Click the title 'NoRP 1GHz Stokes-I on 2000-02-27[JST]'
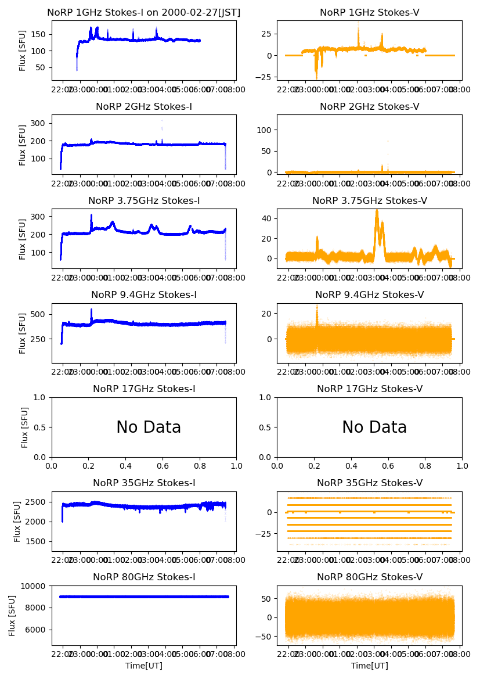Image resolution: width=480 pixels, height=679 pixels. point(144,12)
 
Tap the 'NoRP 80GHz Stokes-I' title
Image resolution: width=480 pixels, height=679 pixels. point(144,577)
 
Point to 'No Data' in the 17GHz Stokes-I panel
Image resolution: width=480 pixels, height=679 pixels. point(149,427)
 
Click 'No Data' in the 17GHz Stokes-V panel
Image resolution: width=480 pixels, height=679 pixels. point(374,427)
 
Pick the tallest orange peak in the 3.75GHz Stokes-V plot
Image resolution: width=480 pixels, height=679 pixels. point(377,211)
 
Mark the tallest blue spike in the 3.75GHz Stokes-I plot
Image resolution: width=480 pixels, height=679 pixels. point(91,216)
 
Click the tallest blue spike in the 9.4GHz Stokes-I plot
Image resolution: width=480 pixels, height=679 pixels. point(91,310)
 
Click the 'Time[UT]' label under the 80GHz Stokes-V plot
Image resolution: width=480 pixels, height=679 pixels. point(370,666)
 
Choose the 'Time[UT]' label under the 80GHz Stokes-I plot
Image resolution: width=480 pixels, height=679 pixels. point(144,666)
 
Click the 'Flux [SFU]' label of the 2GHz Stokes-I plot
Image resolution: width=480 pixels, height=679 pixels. point(23,145)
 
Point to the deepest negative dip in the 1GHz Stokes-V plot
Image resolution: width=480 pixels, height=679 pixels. point(316,77)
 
